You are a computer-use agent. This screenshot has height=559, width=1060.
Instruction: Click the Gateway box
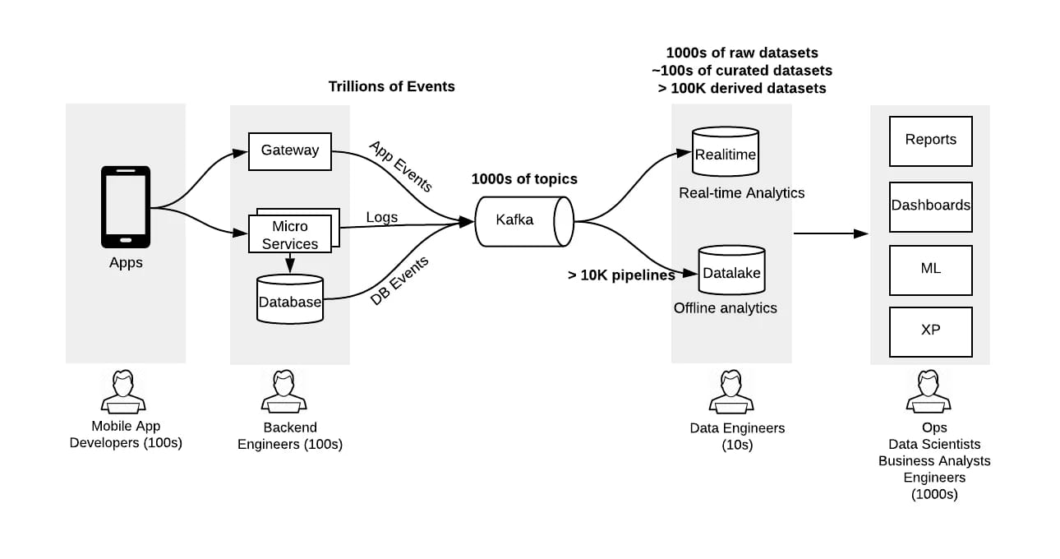tap(290, 151)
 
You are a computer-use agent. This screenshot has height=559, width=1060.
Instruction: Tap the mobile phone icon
tap(126, 206)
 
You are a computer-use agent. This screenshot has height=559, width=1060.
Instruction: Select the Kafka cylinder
tap(523, 220)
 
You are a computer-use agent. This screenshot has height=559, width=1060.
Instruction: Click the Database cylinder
tap(290, 300)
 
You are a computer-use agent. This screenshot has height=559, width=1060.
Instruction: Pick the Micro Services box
tap(290, 234)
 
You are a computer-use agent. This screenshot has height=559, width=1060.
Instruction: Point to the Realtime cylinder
tap(726, 153)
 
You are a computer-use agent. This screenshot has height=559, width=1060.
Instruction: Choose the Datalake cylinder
tap(731, 271)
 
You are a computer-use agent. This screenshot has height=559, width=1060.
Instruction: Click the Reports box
tap(931, 141)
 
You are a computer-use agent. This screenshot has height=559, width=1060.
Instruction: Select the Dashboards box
tap(931, 206)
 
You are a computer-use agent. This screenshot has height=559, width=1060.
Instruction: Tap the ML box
tap(931, 270)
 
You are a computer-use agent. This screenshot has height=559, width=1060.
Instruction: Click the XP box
tap(931, 331)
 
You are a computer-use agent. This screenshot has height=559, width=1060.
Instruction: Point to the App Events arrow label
tap(400, 166)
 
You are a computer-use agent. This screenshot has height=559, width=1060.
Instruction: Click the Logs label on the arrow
tap(382, 217)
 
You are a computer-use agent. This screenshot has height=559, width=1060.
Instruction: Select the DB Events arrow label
tap(400, 281)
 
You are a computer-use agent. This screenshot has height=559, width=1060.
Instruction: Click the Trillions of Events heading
tap(391, 86)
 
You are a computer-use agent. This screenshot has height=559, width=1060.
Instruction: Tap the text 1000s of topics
tap(524, 179)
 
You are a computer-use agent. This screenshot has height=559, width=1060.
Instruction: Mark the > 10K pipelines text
tap(621, 275)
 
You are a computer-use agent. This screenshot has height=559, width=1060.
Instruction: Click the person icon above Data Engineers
tap(731, 391)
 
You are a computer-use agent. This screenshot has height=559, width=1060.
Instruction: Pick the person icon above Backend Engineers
tap(284, 391)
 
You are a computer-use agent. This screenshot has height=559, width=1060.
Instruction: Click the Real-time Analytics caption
tap(741, 193)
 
